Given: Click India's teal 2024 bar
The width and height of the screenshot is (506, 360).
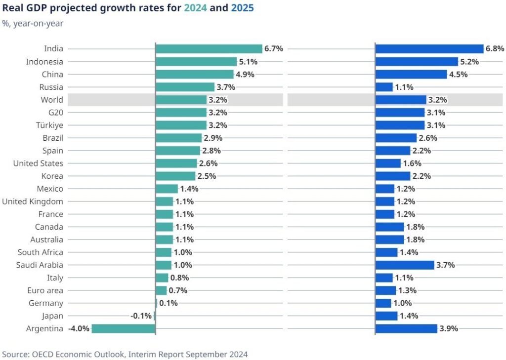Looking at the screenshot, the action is [209, 49].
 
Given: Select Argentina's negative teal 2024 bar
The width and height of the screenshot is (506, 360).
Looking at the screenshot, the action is [124, 329].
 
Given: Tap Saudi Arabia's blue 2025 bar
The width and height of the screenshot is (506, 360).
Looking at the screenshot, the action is [405, 265].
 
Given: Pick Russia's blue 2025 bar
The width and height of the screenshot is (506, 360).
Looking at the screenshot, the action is [384, 87].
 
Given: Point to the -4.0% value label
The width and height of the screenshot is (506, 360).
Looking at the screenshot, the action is [79, 329].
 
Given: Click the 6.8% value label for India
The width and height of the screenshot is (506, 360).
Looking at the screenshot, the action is [495, 49].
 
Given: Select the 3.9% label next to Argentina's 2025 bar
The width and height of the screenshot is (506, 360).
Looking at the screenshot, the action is [449, 329].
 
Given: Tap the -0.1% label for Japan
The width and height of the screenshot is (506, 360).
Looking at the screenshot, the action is [141, 316].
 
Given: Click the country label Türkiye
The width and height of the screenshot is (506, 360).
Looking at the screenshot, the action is [50, 125].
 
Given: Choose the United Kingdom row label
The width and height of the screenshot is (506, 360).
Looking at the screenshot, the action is [33, 201].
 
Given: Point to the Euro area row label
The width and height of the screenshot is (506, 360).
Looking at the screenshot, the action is [45, 291].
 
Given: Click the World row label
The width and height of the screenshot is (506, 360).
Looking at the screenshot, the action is [52, 100].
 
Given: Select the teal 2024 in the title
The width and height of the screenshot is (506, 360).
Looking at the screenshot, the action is [195, 8].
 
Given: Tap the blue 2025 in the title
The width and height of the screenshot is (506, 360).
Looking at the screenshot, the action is [242, 8].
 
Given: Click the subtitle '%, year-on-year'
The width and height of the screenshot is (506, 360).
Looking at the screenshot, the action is [33, 24].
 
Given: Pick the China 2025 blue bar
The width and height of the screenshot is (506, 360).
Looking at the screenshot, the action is [411, 75].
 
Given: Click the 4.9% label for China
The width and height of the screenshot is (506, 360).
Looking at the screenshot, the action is [245, 75].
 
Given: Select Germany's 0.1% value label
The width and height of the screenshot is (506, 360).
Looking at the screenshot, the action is [169, 303].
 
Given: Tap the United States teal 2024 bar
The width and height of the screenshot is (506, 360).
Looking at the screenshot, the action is [176, 163].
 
